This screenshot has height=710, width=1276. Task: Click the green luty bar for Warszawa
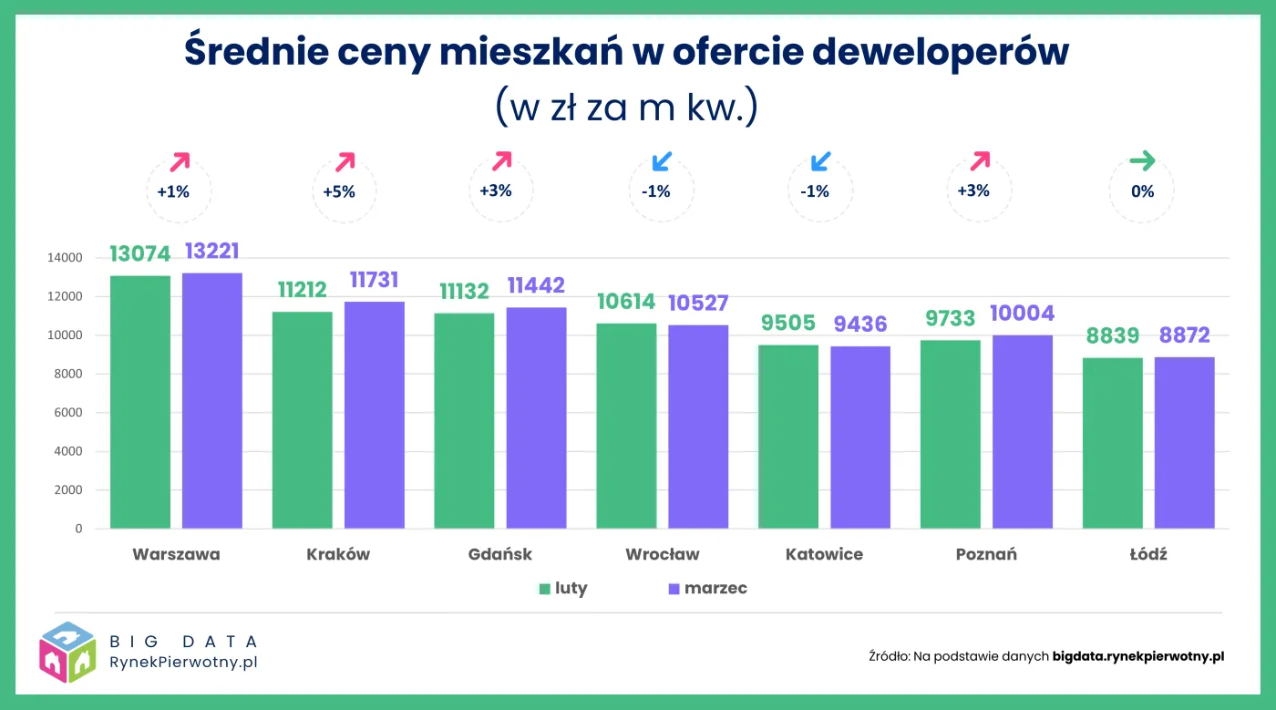point(139,401)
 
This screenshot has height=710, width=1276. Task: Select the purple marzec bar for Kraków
point(374,415)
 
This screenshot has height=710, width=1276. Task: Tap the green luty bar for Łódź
point(1112,442)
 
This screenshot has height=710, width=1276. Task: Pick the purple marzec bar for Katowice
point(859,437)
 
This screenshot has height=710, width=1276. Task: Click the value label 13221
point(211,252)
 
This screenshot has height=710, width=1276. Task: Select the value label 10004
point(1022,314)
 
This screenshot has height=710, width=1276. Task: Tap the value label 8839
point(1112,335)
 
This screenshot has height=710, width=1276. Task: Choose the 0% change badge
point(1142,191)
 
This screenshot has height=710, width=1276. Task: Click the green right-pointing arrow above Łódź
point(1142,162)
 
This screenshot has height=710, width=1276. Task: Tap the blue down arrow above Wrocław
point(662,162)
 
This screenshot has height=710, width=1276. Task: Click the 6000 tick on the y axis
point(67,413)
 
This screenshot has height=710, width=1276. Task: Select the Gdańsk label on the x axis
point(499,554)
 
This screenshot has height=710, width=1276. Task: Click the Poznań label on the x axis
point(986,554)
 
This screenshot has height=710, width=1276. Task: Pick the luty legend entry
point(563,589)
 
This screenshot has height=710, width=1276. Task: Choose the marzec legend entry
point(707,589)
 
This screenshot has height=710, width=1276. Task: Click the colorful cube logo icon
point(67,652)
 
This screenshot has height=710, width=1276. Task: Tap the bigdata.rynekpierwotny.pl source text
point(1137,655)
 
